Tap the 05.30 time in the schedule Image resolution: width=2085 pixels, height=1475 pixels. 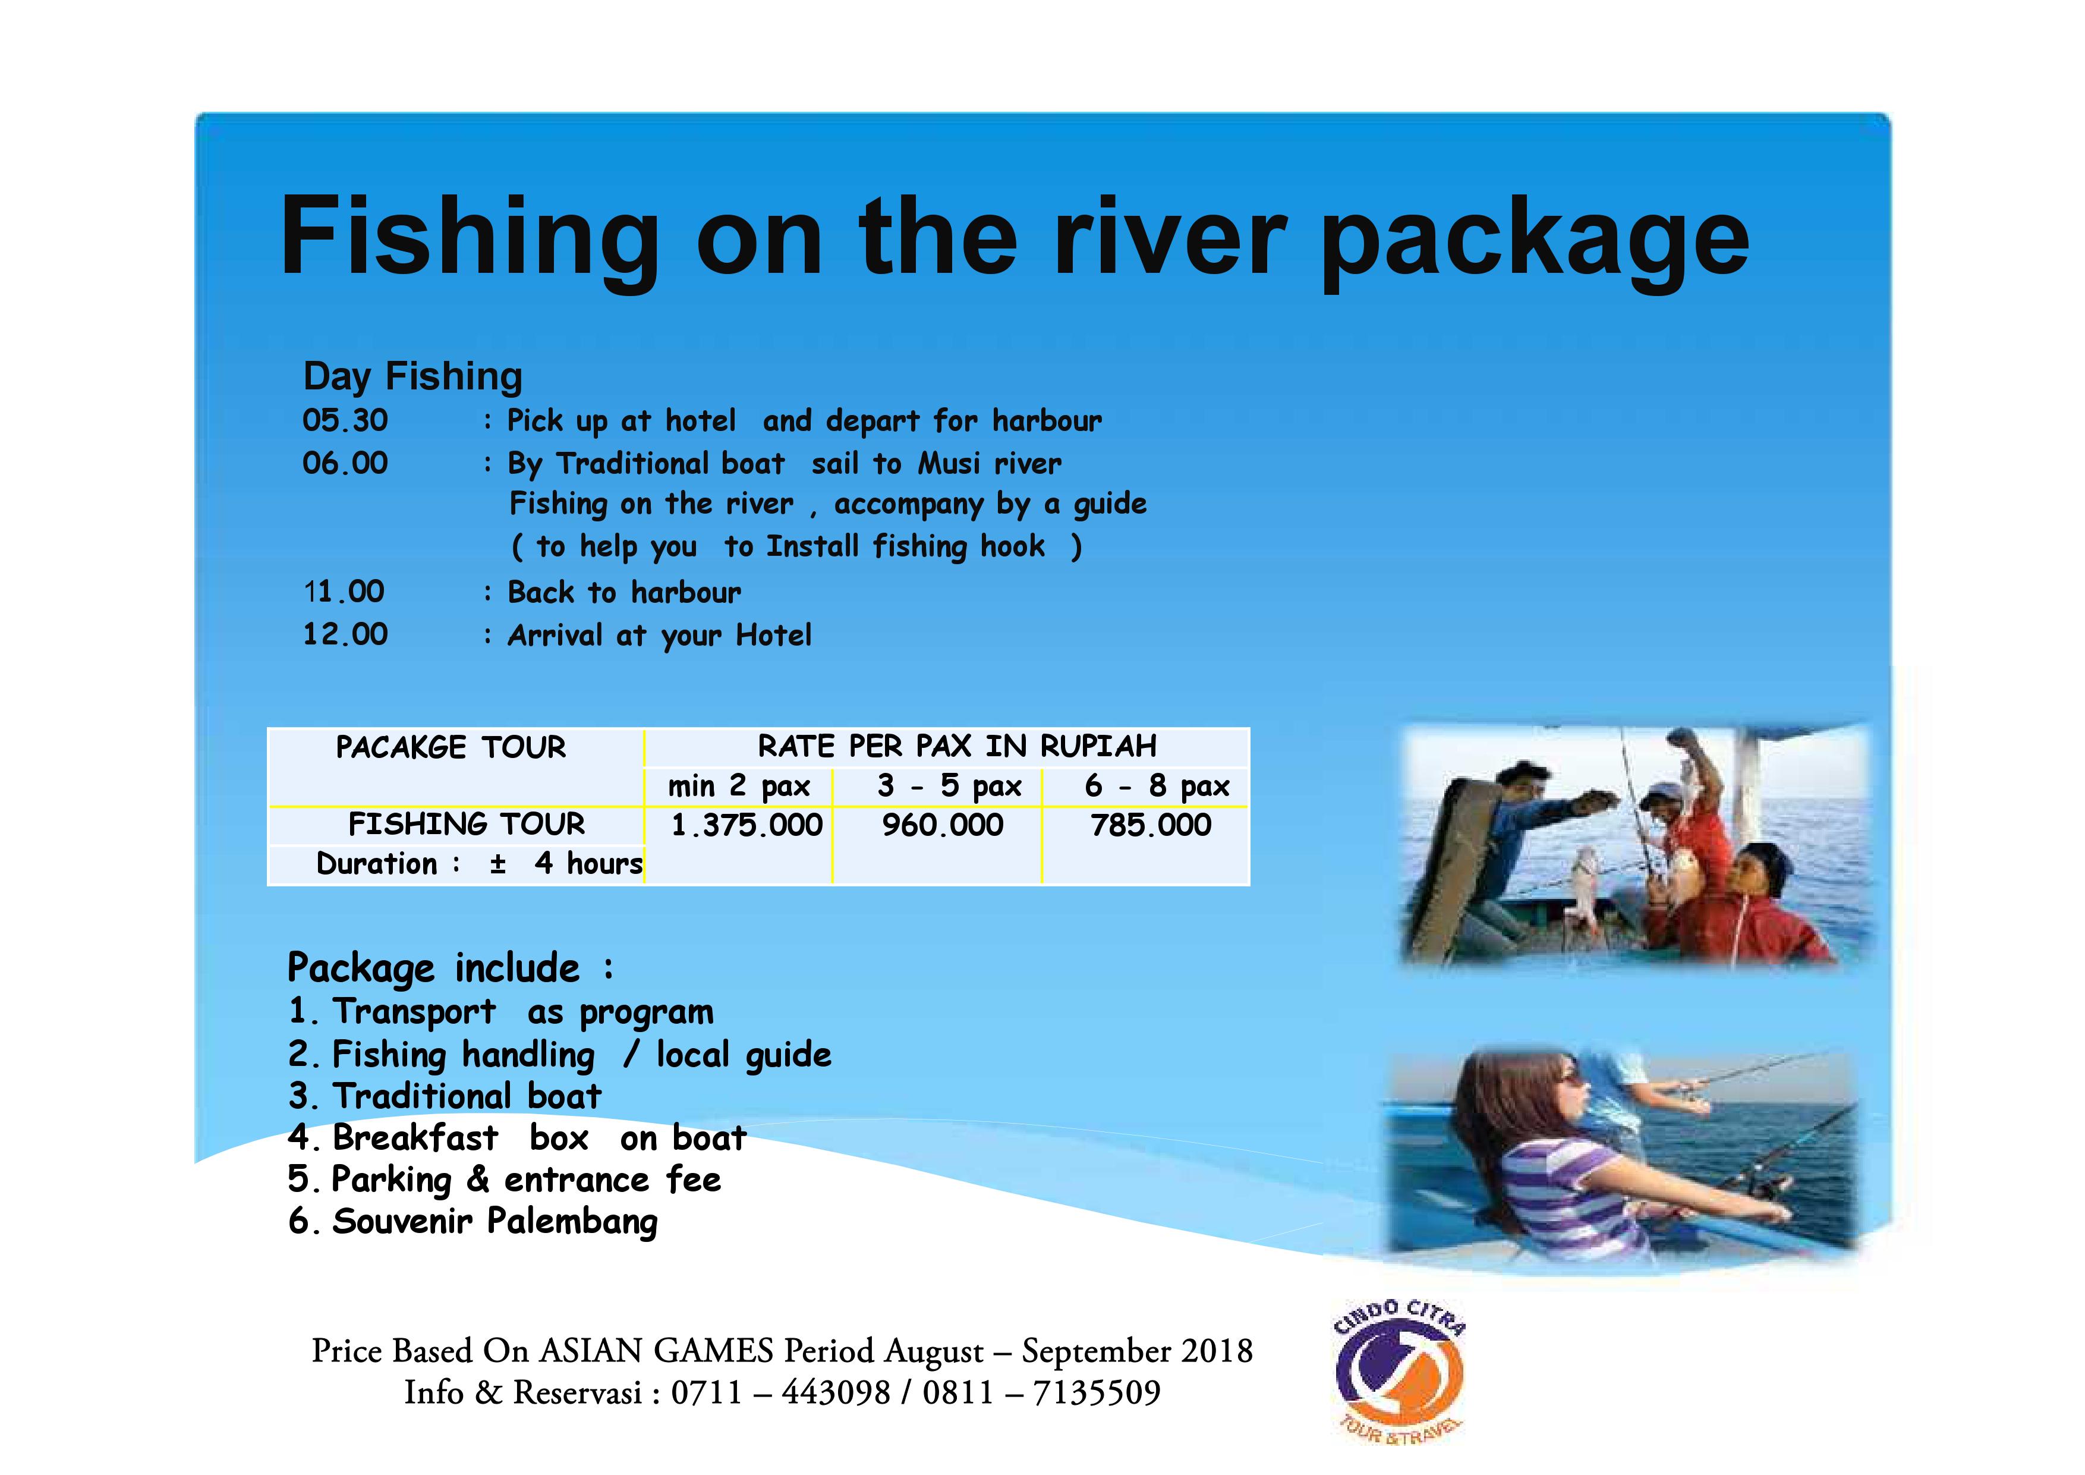tap(345, 420)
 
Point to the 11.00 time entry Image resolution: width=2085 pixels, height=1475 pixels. tap(344, 592)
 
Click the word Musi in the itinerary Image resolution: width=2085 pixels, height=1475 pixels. tap(949, 464)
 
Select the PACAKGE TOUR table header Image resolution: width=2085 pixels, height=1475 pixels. tap(451, 747)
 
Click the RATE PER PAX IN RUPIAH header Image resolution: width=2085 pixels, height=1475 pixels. tap(957, 747)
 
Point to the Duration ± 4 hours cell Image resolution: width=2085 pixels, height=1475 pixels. tap(478, 864)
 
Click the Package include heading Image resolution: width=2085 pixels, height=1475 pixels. tap(451, 968)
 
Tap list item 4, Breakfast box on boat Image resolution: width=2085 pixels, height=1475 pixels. tap(518, 1138)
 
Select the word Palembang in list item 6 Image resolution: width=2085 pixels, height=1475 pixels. tap(572, 1222)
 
